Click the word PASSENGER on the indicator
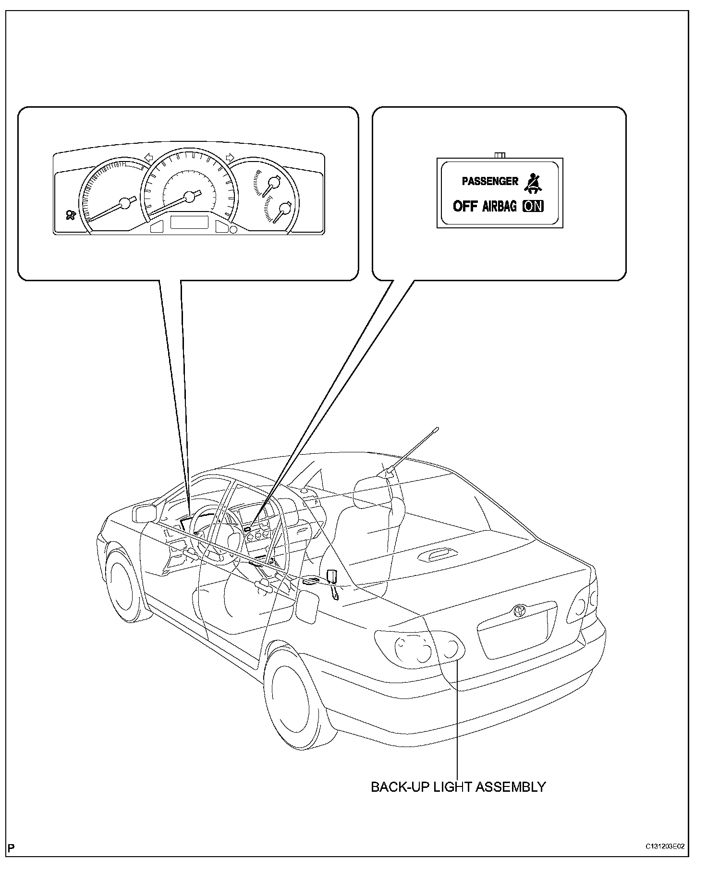490,181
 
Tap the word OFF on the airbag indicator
465,206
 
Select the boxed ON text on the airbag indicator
533,206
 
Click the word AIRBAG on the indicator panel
500,206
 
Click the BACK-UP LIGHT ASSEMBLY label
458,787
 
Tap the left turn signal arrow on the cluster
148,157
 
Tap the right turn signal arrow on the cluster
230,157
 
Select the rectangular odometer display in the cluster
188,223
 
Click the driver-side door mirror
144,513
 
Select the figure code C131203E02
665,847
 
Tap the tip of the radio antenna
438,427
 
